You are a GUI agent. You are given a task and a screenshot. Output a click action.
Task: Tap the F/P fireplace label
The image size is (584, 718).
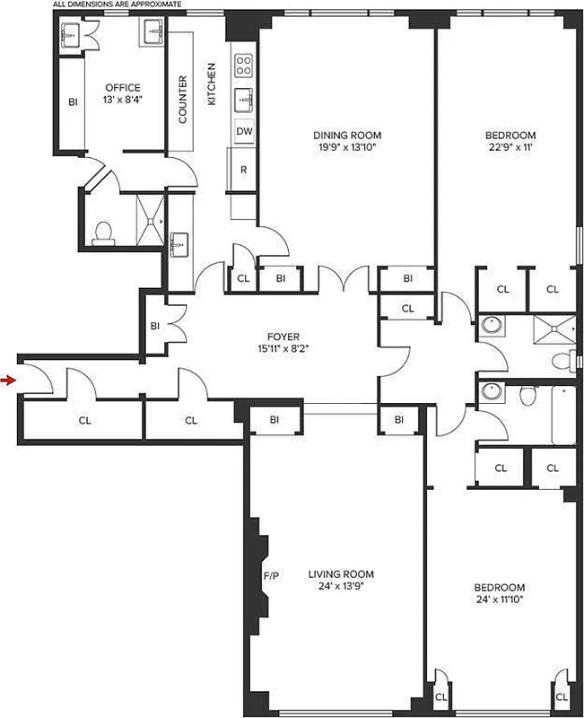269,574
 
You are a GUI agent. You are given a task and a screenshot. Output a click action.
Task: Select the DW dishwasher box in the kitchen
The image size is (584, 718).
243,131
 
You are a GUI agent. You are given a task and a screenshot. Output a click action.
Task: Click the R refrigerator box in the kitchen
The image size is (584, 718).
243,170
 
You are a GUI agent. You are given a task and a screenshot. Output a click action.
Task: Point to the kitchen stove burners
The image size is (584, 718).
244,65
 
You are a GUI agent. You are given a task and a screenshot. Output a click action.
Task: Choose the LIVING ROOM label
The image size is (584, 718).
340,574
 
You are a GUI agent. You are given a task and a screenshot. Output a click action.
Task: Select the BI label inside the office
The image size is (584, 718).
73,102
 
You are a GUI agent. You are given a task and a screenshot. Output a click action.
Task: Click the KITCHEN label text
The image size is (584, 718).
213,84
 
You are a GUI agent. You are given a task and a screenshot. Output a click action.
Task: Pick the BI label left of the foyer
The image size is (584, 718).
154,325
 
